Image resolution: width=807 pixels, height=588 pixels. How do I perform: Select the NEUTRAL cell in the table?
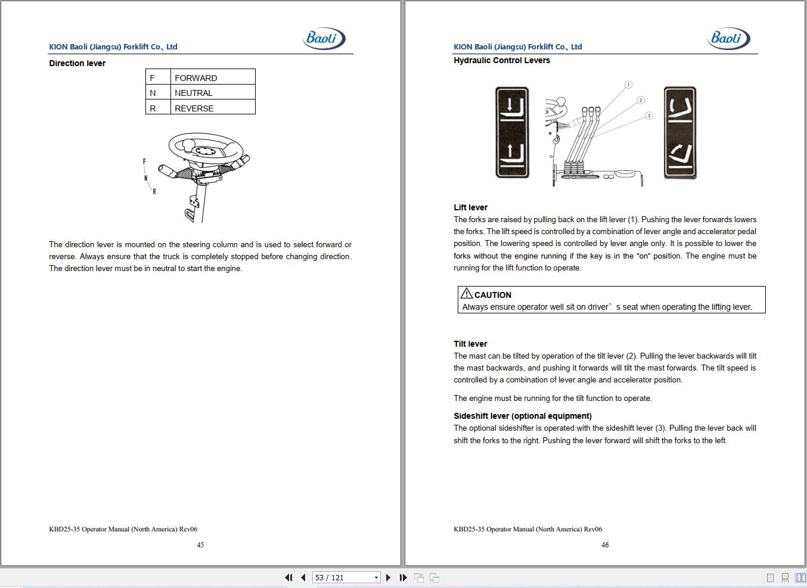(213, 92)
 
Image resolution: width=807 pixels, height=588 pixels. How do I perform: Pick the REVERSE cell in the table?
(213, 107)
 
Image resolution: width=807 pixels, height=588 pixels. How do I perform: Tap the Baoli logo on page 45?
(324, 38)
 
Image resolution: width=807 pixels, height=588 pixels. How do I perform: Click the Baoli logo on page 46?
(729, 38)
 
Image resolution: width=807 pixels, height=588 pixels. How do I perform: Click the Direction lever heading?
(77, 63)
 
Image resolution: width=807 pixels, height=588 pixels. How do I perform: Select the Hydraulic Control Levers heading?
(501, 61)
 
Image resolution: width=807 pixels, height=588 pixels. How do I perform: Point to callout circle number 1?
(628, 85)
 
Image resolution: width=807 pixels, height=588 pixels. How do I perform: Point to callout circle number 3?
(649, 116)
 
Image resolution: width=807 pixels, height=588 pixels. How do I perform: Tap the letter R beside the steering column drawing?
(154, 192)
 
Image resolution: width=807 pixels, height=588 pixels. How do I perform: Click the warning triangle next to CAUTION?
(467, 293)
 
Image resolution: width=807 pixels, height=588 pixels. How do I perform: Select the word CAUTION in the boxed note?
(492, 295)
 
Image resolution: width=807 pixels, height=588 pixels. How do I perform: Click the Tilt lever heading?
(470, 344)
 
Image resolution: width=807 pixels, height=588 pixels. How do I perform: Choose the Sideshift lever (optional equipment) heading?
(522, 416)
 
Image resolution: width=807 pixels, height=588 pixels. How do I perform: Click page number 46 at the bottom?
(605, 545)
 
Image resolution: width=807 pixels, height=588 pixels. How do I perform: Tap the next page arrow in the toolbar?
(388, 577)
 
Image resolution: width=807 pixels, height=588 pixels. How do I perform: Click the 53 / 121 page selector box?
(346, 577)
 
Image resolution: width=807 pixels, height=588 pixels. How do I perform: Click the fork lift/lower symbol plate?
(512, 132)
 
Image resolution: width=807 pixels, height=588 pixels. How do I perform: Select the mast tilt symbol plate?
(680, 132)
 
